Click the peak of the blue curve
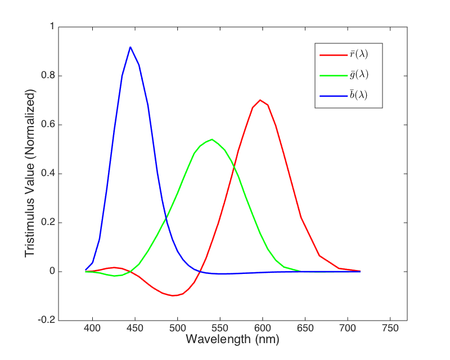coord(130,47)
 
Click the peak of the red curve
coord(260,100)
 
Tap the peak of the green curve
coord(211,139)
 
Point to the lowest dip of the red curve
coord(174,295)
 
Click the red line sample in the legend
coord(330,55)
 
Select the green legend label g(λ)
coord(358,75)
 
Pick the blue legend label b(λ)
coord(358,94)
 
